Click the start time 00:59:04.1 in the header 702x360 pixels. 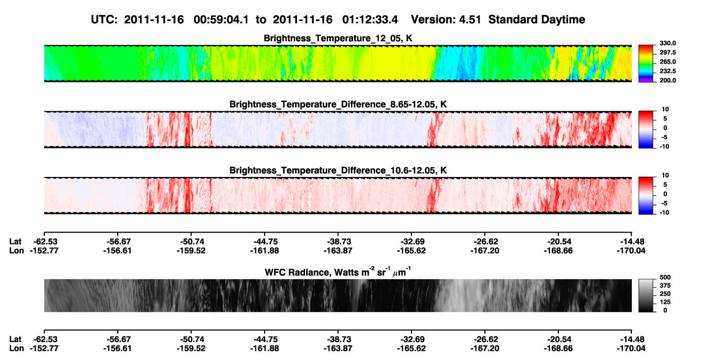[221, 20]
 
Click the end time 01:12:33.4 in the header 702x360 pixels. [370, 20]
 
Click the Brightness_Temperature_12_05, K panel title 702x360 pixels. [338, 38]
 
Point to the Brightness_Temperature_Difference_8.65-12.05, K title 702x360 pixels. [338, 104]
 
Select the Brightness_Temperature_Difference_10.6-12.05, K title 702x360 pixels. [338, 171]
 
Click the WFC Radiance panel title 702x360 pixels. [338, 272]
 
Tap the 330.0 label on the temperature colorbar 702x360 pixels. [667, 43]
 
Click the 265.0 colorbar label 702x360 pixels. [667, 62]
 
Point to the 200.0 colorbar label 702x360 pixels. [667, 80]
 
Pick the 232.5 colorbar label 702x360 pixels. [667, 71]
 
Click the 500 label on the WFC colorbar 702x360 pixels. [665, 277]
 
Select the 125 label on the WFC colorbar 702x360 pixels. [665, 302]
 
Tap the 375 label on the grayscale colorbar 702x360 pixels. [665, 286]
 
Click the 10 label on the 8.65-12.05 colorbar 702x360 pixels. [665, 110]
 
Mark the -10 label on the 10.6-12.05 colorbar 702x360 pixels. [664, 213]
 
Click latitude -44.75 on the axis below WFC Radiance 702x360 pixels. [265, 339]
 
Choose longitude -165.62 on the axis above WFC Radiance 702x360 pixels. [411, 250]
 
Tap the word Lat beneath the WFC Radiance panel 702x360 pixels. [15, 339]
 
